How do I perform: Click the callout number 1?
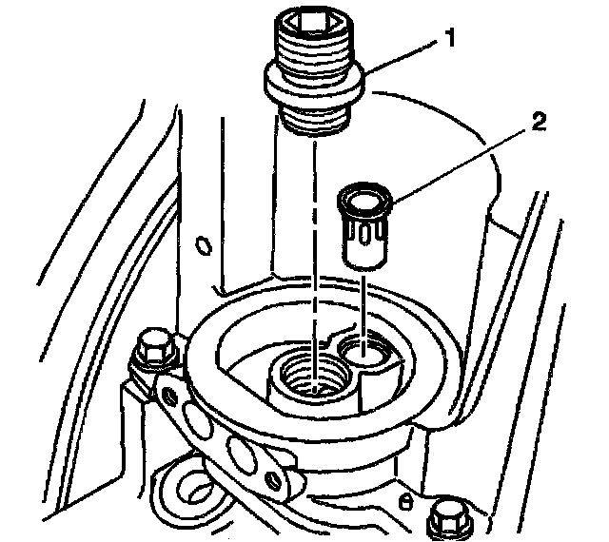449,38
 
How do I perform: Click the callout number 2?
538,122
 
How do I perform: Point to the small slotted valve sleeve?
363,227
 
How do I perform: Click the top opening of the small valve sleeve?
363,202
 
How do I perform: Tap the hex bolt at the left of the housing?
154,349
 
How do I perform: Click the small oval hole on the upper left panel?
204,245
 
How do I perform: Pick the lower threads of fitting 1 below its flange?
313,119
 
